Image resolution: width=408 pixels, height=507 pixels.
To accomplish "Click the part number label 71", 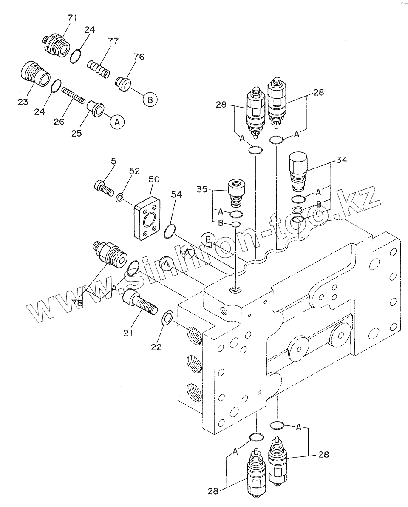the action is point(72,18).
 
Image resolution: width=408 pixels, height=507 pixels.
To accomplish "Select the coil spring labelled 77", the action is point(99,69).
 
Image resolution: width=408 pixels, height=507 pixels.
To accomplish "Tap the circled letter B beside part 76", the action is point(150,99).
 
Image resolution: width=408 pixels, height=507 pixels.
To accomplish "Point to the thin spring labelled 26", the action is point(73,94).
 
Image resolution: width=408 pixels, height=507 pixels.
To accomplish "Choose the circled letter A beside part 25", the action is point(117,122).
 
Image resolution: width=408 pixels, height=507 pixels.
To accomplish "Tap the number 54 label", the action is point(176,195).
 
